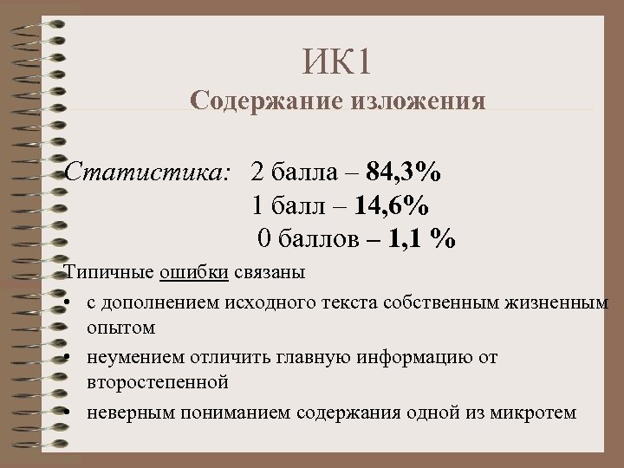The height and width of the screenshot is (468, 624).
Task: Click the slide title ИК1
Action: [338, 62]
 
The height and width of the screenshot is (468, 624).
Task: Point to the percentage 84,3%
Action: [403, 173]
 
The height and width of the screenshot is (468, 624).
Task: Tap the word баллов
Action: [315, 237]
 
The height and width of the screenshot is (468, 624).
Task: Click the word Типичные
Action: [110, 273]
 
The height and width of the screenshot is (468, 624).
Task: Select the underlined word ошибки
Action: [194, 273]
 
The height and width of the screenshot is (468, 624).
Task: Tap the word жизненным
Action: [561, 302]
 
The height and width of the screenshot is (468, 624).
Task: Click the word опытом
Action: [120, 328]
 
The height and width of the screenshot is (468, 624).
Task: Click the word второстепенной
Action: [157, 382]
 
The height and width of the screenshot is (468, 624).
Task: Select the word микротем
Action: [536, 412]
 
